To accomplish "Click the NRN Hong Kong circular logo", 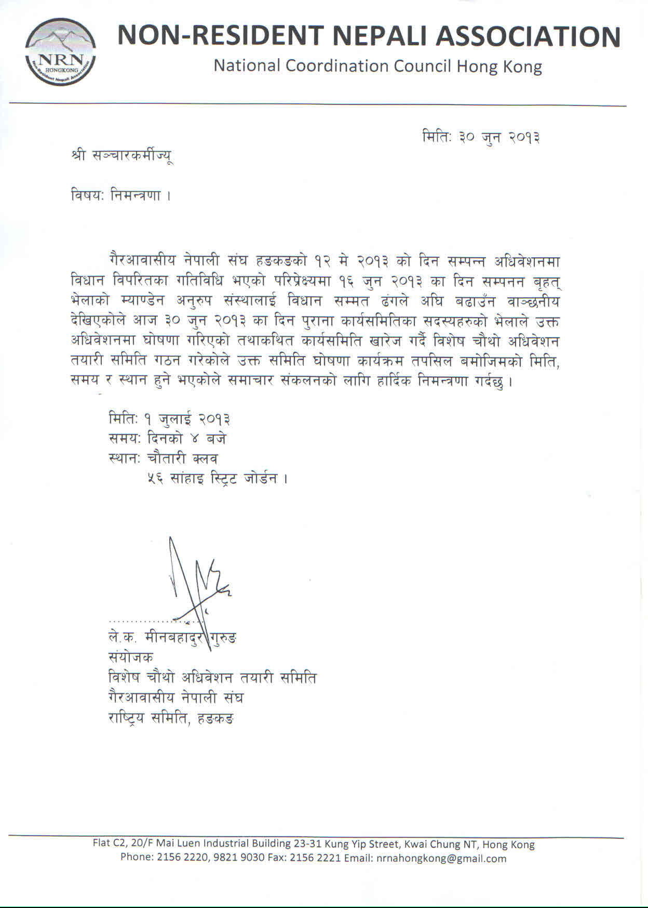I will coord(60,51).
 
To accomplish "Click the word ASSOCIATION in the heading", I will coord(528,36).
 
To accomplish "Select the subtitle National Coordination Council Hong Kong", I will coord(377,66).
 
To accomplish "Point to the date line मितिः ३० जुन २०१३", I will coord(481,138).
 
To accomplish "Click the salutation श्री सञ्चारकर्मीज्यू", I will coord(122,155).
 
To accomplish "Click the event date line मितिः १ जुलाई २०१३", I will coord(170,418).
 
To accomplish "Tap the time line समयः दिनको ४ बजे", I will coord(167,439).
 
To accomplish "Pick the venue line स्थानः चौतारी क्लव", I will coord(163,458).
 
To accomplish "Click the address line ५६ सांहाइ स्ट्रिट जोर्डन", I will coord(217,478).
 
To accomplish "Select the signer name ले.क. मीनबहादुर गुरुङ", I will coord(172,638).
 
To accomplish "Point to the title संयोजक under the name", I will coord(130,657).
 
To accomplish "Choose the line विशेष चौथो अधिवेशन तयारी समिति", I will coord(212,678).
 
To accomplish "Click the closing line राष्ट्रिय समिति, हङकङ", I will coord(171,718).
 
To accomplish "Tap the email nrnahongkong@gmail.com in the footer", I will coord(441,858).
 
